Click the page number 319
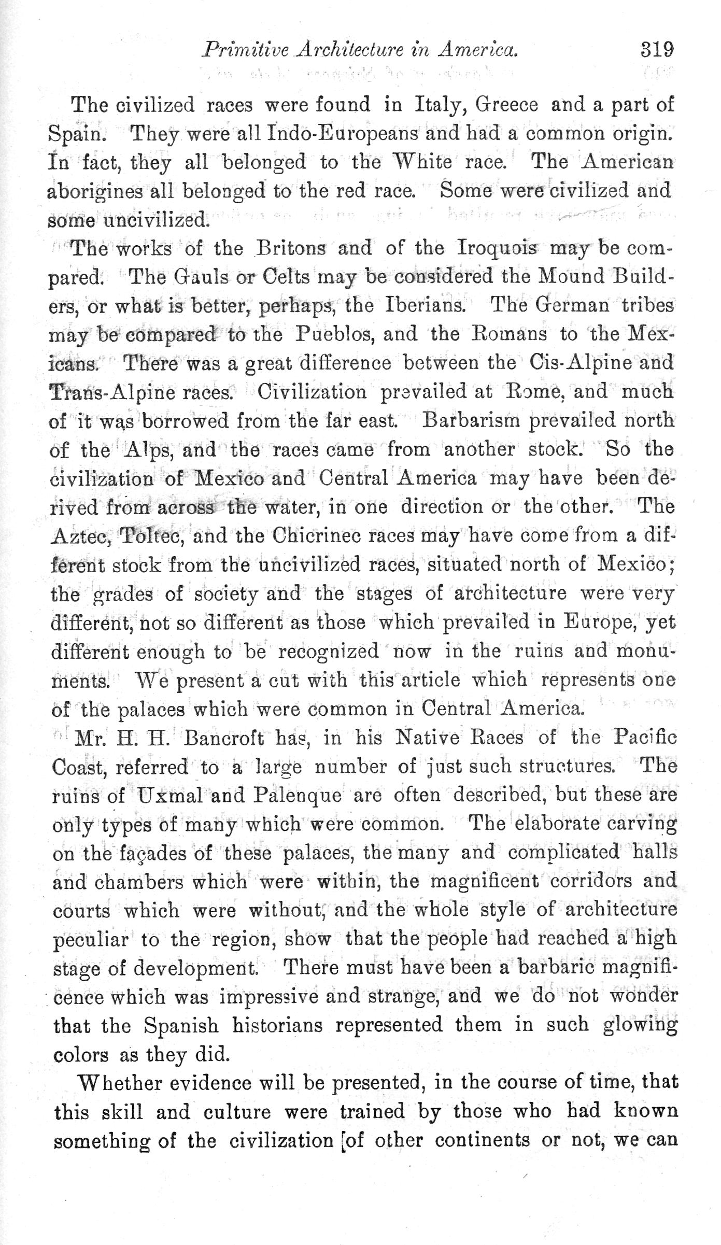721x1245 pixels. click(657, 50)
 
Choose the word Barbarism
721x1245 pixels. click(472, 420)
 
